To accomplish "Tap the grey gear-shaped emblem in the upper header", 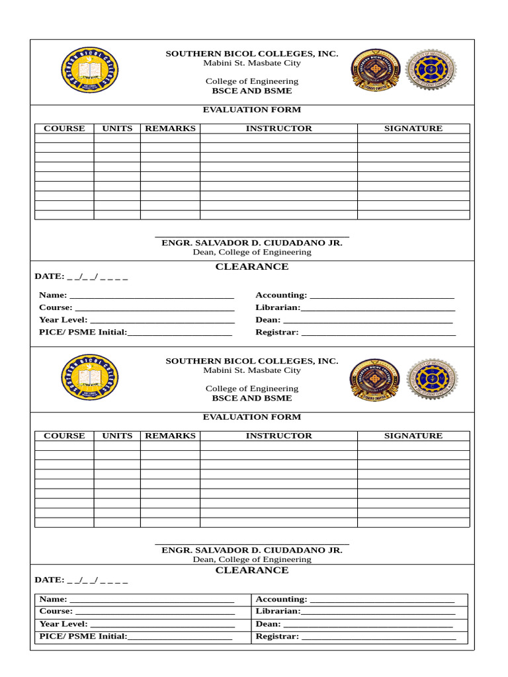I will [431, 70].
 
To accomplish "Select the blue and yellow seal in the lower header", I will [90, 377].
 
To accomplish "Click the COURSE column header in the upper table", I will [64, 129].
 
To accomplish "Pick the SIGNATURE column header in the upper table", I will [413, 129].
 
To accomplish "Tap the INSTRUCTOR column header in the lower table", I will [278, 436].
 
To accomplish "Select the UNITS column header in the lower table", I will [117, 436].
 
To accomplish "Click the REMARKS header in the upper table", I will [170, 129].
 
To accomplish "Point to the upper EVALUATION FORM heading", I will [251, 110].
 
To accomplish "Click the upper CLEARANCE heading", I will [252, 267].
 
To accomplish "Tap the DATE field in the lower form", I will [81, 580].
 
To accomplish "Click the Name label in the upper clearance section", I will [53, 296].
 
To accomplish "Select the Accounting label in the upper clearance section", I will [281, 296].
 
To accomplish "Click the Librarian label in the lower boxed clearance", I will [278, 612].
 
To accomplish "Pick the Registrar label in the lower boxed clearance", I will [277, 637].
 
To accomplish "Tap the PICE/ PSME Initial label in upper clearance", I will [83, 333].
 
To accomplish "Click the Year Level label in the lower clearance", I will [63, 624].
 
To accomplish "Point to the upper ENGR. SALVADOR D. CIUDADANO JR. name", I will [252, 243].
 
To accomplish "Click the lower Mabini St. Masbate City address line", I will [252, 371].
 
